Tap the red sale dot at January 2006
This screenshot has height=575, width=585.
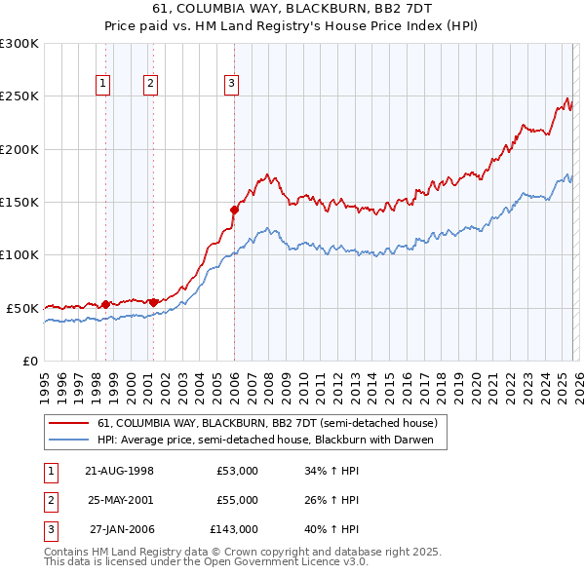pos(235,209)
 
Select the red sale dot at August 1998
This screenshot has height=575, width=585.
pos(105,304)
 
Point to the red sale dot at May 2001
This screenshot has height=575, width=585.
pos(153,302)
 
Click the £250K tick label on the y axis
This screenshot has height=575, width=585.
pos(19,96)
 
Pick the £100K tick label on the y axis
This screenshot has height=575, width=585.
pos(19,254)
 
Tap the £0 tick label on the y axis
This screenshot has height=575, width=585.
pos(29,361)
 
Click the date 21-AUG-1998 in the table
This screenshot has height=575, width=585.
pos(119,471)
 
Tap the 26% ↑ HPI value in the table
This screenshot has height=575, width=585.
pos(331,500)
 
